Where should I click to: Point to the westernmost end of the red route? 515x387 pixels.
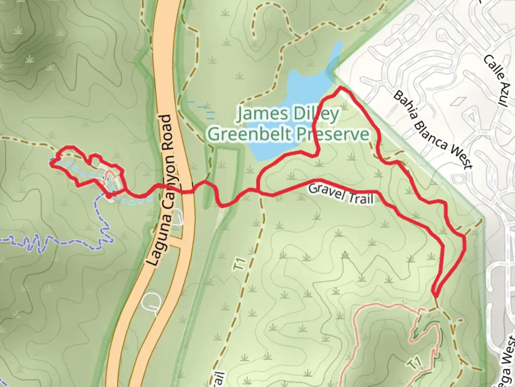click(x=51, y=163)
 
